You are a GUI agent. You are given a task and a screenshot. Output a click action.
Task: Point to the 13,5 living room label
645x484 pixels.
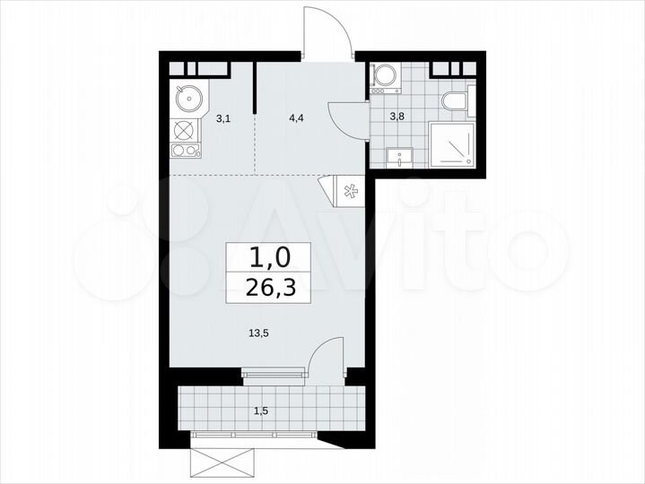pyautogui.click(x=258, y=332)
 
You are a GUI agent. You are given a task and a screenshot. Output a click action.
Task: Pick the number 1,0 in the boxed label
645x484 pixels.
pyautogui.click(x=270, y=258)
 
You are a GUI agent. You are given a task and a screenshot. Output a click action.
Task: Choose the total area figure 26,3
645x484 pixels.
pyautogui.click(x=270, y=289)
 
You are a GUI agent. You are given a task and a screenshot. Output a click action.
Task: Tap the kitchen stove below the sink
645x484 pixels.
pyautogui.click(x=186, y=139)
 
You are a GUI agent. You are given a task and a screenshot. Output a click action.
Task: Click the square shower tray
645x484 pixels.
pyautogui.click(x=454, y=145)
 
